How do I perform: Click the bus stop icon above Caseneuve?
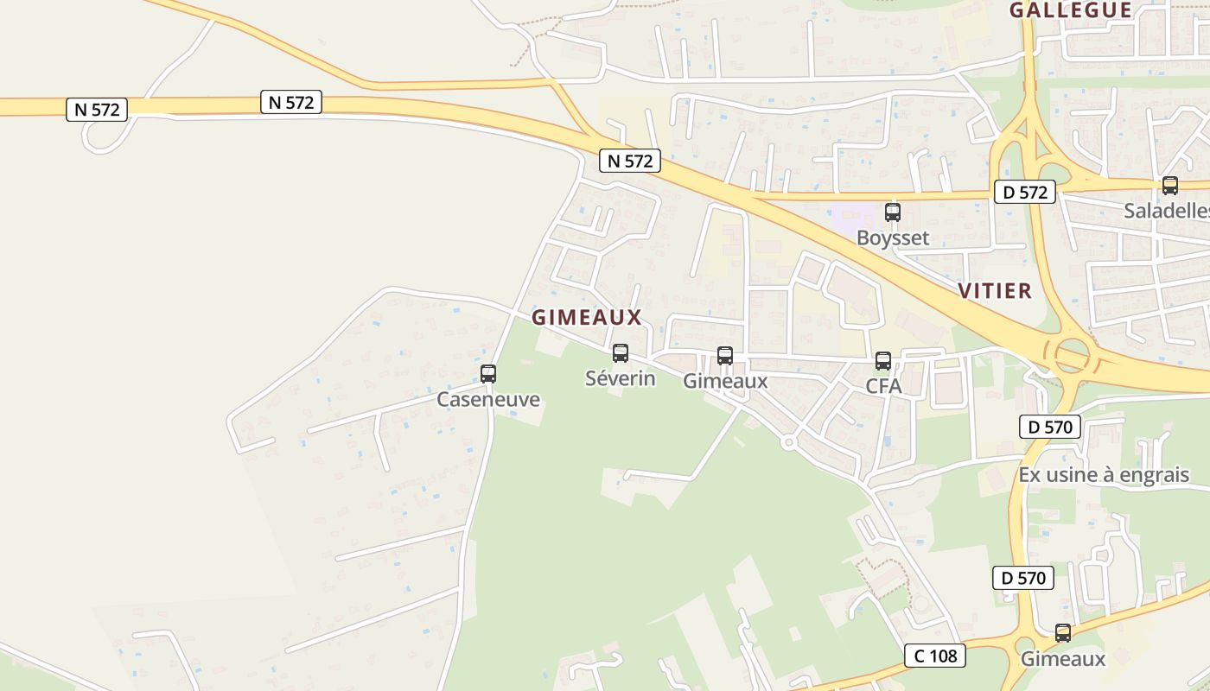tap(488, 374)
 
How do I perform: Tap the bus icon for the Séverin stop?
tap(621, 353)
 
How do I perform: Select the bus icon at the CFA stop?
tap(882, 361)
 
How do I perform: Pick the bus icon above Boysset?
tap(892, 212)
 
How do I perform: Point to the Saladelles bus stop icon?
tap(1169, 185)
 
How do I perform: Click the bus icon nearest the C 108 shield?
tap(1063, 632)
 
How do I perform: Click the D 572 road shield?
tap(1025, 192)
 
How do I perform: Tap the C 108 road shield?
tap(935, 656)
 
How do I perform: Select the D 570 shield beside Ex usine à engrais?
tap(1051, 426)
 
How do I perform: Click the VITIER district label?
tap(995, 291)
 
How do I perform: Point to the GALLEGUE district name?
tap(1071, 10)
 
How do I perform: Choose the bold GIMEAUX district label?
tap(587, 317)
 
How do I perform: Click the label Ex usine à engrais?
tap(1104, 475)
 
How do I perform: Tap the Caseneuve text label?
tap(488, 399)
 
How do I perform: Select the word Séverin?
tap(621, 378)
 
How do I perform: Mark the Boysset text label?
tap(893, 238)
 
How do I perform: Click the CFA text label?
tap(883, 386)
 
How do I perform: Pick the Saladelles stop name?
tap(1166, 211)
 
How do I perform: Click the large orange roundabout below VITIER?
tap(1072, 356)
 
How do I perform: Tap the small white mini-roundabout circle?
tap(788, 442)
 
